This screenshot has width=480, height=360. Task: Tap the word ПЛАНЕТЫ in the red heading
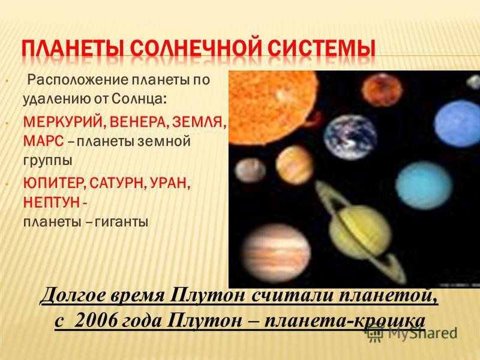(74, 49)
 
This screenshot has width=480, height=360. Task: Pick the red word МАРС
(43, 141)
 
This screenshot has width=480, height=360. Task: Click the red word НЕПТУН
(51, 202)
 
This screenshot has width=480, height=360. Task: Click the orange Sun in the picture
(273, 107)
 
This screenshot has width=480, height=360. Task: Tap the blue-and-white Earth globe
(350, 137)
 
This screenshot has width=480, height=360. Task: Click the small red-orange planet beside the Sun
(382, 90)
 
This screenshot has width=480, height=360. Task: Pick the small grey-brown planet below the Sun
(250, 170)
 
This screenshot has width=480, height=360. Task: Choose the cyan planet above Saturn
(424, 185)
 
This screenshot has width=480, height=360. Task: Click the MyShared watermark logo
(411, 333)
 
